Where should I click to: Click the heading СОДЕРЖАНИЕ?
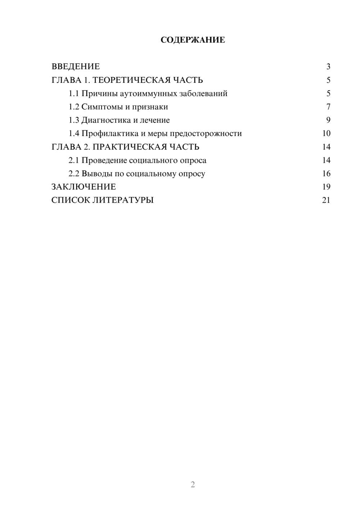click(193, 40)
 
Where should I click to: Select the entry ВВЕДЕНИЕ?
click(76, 67)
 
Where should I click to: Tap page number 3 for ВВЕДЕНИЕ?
click(328, 67)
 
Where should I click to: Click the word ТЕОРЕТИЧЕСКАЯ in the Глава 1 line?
click(131, 80)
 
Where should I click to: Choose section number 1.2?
click(74, 107)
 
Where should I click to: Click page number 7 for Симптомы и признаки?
click(328, 107)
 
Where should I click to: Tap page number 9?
click(328, 120)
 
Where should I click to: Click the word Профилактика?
click(110, 134)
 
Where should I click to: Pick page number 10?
click(326, 134)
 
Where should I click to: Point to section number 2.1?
click(74, 160)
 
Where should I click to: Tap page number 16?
click(326, 174)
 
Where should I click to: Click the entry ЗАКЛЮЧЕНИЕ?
click(84, 187)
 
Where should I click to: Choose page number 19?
click(326, 187)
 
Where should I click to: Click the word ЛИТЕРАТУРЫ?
click(123, 200)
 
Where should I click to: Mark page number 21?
click(326, 200)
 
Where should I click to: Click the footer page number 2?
click(193, 485)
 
